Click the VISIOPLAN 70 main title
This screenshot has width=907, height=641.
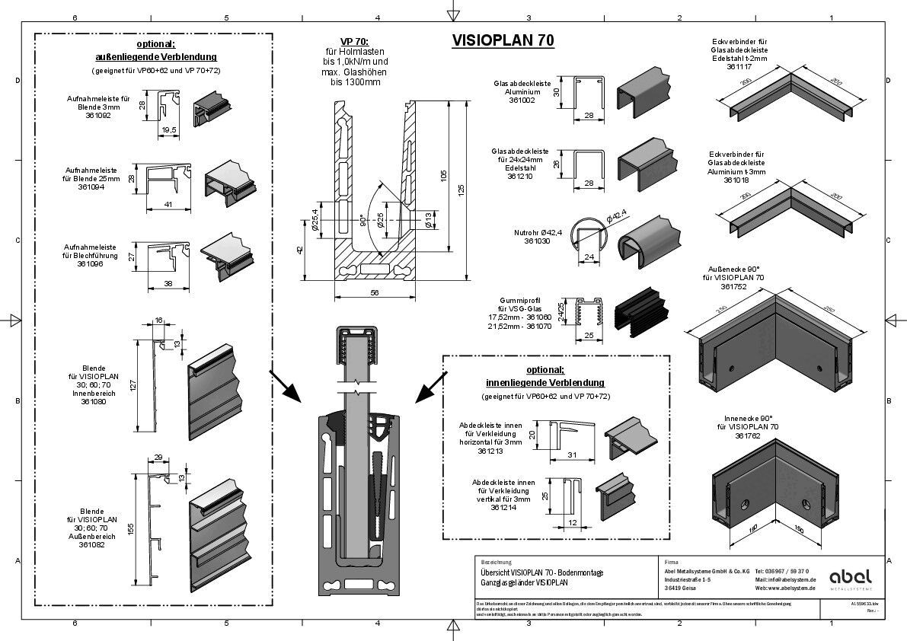click(503, 40)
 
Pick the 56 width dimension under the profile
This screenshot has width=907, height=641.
click(375, 291)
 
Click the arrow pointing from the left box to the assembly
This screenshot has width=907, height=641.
click(284, 385)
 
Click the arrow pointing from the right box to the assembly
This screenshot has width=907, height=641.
click(432, 387)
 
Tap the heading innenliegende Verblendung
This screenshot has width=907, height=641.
click(545, 382)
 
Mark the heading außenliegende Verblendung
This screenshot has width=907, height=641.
click(155, 56)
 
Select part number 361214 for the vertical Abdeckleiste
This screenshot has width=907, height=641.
click(504, 507)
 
